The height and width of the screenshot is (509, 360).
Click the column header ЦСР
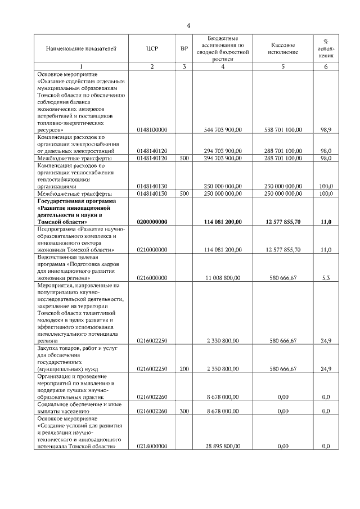152,49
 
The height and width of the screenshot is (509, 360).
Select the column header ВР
184,49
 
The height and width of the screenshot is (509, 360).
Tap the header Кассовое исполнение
283,49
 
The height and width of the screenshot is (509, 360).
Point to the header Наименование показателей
81,49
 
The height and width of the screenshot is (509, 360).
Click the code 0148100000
152,129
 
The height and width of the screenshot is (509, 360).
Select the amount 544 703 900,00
223,129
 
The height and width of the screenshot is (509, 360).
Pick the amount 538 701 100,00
283,129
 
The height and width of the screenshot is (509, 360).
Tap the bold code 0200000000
152,222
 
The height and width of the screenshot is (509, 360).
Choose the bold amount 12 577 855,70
283,222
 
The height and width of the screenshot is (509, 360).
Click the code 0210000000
152,249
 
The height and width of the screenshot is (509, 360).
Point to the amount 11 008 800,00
224,278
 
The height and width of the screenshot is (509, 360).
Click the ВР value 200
184,369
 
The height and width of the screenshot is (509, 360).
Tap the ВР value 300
184,411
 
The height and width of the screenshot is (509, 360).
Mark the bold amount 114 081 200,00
223,222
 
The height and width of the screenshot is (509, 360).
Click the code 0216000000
152,278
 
